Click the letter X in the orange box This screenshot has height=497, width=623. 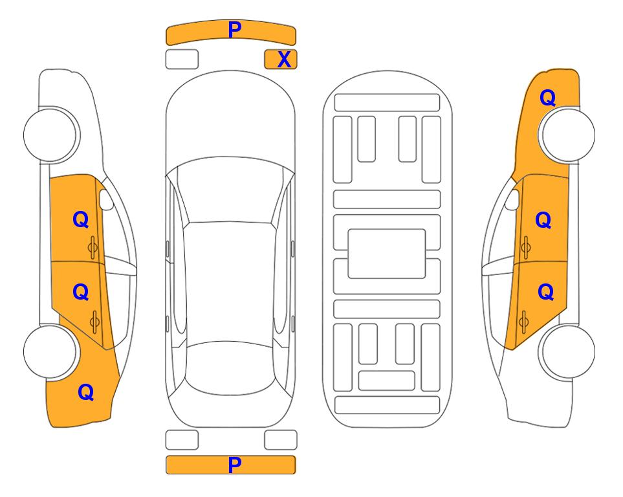click(x=284, y=60)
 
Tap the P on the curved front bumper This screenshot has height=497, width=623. click(x=234, y=30)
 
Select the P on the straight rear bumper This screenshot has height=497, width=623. click(x=234, y=465)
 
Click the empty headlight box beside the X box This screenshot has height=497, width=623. click(x=182, y=60)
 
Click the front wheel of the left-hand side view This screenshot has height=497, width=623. click(x=50, y=135)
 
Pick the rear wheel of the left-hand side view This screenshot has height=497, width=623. click(x=50, y=351)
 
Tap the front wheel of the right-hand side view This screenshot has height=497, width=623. click(x=568, y=135)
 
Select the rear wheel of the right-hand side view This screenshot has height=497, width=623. click(x=568, y=351)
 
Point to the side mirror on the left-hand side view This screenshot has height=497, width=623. click(x=105, y=199)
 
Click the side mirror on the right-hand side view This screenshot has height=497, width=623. click(x=512, y=199)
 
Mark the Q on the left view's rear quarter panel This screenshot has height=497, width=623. click(x=85, y=392)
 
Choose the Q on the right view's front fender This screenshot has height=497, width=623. click(x=547, y=98)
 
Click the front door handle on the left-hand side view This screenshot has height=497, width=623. click(x=93, y=248)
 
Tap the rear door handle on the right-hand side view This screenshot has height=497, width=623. click(x=523, y=322)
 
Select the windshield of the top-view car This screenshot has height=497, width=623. click(x=230, y=190)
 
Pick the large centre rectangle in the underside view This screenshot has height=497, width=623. click(x=387, y=254)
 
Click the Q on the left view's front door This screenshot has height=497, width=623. click(x=80, y=219)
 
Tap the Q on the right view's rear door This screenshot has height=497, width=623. click(x=545, y=292)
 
